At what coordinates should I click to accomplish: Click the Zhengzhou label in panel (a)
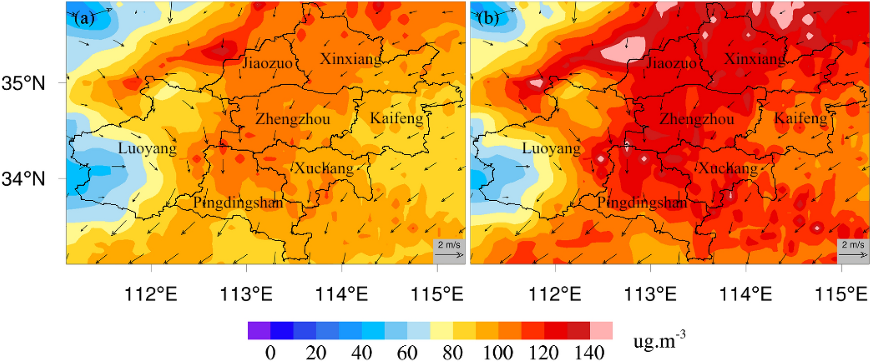pos(292,120)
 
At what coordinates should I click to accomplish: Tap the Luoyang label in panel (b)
pos(551,149)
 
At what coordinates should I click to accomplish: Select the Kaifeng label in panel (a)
pos(396,119)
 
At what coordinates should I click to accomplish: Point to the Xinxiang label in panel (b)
pos(755,60)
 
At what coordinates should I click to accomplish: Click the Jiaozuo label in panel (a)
pos(267,63)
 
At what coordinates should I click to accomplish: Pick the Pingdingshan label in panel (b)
pos(642,203)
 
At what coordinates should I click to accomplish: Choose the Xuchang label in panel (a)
pos(324,169)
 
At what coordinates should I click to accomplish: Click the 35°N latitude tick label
pos(23,83)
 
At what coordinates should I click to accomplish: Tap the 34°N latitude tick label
pos(23,179)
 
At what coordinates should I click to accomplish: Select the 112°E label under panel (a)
pos(151,294)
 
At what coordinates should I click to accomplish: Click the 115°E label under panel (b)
pos(841,294)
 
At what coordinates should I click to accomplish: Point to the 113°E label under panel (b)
pos(650,294)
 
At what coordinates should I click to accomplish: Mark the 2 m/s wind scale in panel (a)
pos(449,249)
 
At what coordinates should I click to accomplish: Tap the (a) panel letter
pos(84,18)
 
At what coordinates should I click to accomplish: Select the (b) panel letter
pos(488,18)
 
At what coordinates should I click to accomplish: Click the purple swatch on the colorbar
pos(259,331)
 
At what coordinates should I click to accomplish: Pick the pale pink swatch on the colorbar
pos(601,331)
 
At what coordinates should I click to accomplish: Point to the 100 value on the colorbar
pos(498,352)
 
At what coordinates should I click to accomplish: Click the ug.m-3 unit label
pos(659,340)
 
